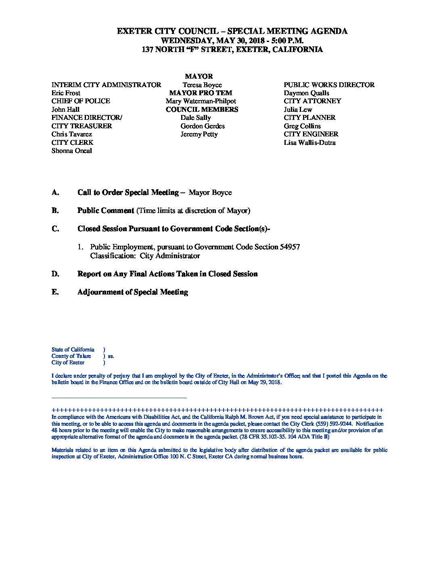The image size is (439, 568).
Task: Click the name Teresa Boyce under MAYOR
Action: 202,85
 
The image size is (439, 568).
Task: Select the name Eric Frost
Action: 66,93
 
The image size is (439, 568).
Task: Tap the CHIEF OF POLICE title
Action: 81,101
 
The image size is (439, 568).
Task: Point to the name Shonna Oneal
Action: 71,151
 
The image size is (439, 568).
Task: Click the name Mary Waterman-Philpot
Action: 201,101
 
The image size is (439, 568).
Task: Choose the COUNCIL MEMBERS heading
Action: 202,110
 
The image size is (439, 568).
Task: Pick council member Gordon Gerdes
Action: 203,126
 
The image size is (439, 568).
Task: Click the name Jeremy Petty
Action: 199,134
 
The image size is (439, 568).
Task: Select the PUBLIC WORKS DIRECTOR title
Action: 329,85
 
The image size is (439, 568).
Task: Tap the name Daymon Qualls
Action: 306,93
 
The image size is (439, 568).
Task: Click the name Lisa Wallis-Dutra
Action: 309,143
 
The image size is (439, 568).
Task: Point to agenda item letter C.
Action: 55,229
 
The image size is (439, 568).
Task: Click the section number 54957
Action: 289,247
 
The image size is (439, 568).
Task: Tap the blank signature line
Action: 119,398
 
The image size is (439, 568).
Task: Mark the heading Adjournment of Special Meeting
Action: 132,292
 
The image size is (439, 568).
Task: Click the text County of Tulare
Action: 71,356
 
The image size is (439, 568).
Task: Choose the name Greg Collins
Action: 302,126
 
